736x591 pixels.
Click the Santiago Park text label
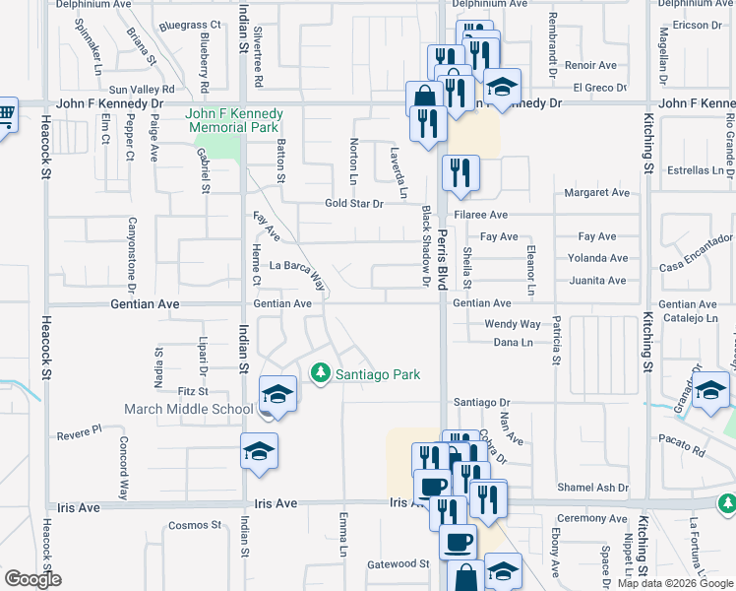pyautogui.click(x=378, y=374)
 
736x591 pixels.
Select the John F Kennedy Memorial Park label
pyautogui.click(x=233, y=120)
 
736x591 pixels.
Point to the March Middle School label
pyautogui.click(x=189, y=410)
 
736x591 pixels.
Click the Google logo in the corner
pyautogui.click(x=32, y=579)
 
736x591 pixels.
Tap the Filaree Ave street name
pyautogui.click(x=480, y=215)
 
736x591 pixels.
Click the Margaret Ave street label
pyautogui.click(x=595, y=193)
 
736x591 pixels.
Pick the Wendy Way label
pyautogui.click(x=513, y=324)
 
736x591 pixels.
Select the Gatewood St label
pyautogui.click(x=399, y=564)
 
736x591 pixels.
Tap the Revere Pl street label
pyautogui.click(x=79, y=432)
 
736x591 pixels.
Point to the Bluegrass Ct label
pyautogui.click(x=190, y=25)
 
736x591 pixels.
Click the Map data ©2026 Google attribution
pyautogui.click(x=674, y=583)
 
